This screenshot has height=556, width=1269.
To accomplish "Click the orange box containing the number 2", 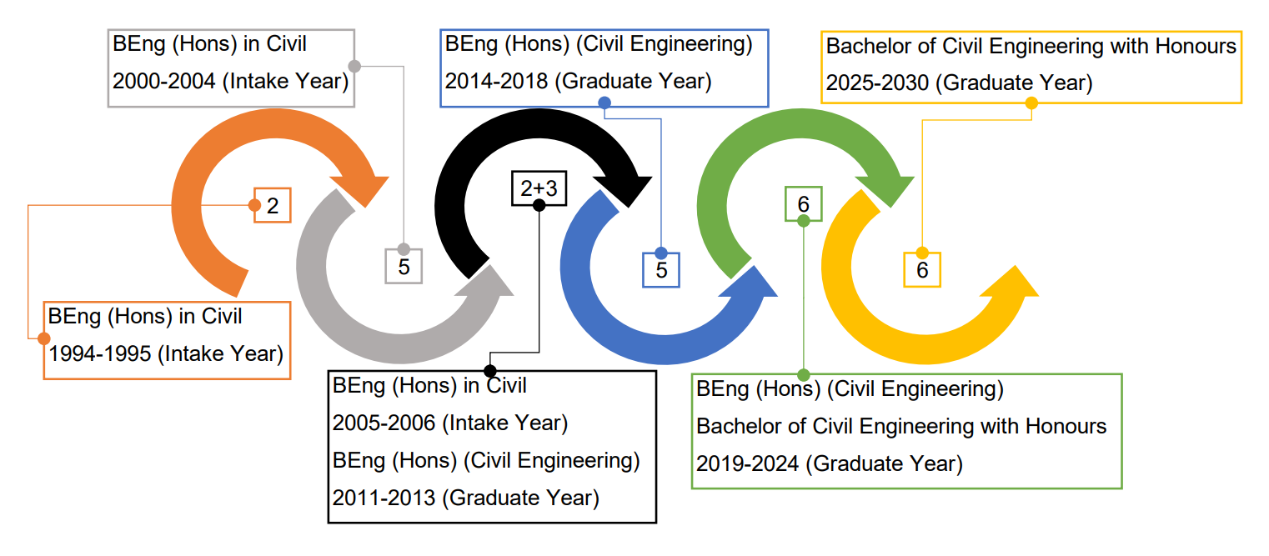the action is pos(273,205).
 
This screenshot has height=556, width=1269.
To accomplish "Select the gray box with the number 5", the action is pos(404,266).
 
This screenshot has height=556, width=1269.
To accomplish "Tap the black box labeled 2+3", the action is pos(539,188).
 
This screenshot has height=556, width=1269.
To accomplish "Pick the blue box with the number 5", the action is pos(661,270).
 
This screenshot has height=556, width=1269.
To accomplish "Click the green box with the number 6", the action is pos(803,204).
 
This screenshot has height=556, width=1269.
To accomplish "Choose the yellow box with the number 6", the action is pos(922,270).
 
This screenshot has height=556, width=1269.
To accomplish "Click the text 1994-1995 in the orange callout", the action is pos(100,354).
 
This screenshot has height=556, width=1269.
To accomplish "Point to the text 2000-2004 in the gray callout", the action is pos(163,82).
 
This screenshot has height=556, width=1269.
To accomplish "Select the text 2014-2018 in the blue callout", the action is pos(496,82).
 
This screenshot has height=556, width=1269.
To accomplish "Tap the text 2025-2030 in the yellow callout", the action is pos(877,83).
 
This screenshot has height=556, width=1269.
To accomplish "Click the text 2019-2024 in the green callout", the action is pos(748,463).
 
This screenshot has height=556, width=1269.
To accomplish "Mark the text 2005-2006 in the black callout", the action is pos(384,423).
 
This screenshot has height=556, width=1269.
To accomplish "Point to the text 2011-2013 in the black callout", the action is pos(384,498).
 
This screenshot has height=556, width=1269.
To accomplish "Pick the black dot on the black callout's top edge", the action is pos(490,371).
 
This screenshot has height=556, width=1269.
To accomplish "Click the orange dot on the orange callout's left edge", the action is pos(43,338).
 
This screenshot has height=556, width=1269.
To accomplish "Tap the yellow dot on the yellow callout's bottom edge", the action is pos(1031,103).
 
